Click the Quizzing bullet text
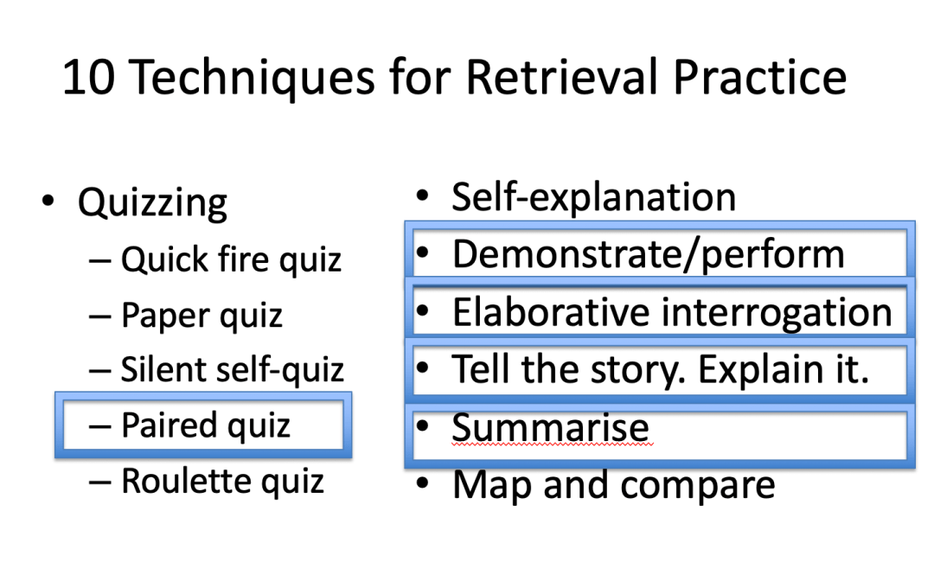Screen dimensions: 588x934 click(x=152, y=203)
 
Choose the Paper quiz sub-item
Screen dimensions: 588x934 click(x=202, y=316)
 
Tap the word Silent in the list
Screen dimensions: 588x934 click(x=161, y=370)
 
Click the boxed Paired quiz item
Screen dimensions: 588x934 click(x=205, y=425)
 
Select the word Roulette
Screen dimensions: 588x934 click(x=179, y=481)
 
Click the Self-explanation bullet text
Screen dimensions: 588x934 click(x=593, y=198)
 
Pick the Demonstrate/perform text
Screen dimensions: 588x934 click(x=648, y=254)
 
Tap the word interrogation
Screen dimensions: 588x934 click(x=776, y=312)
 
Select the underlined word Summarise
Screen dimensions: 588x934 click(x=550, y=428)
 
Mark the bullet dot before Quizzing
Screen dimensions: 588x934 click(x=48, y=201)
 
